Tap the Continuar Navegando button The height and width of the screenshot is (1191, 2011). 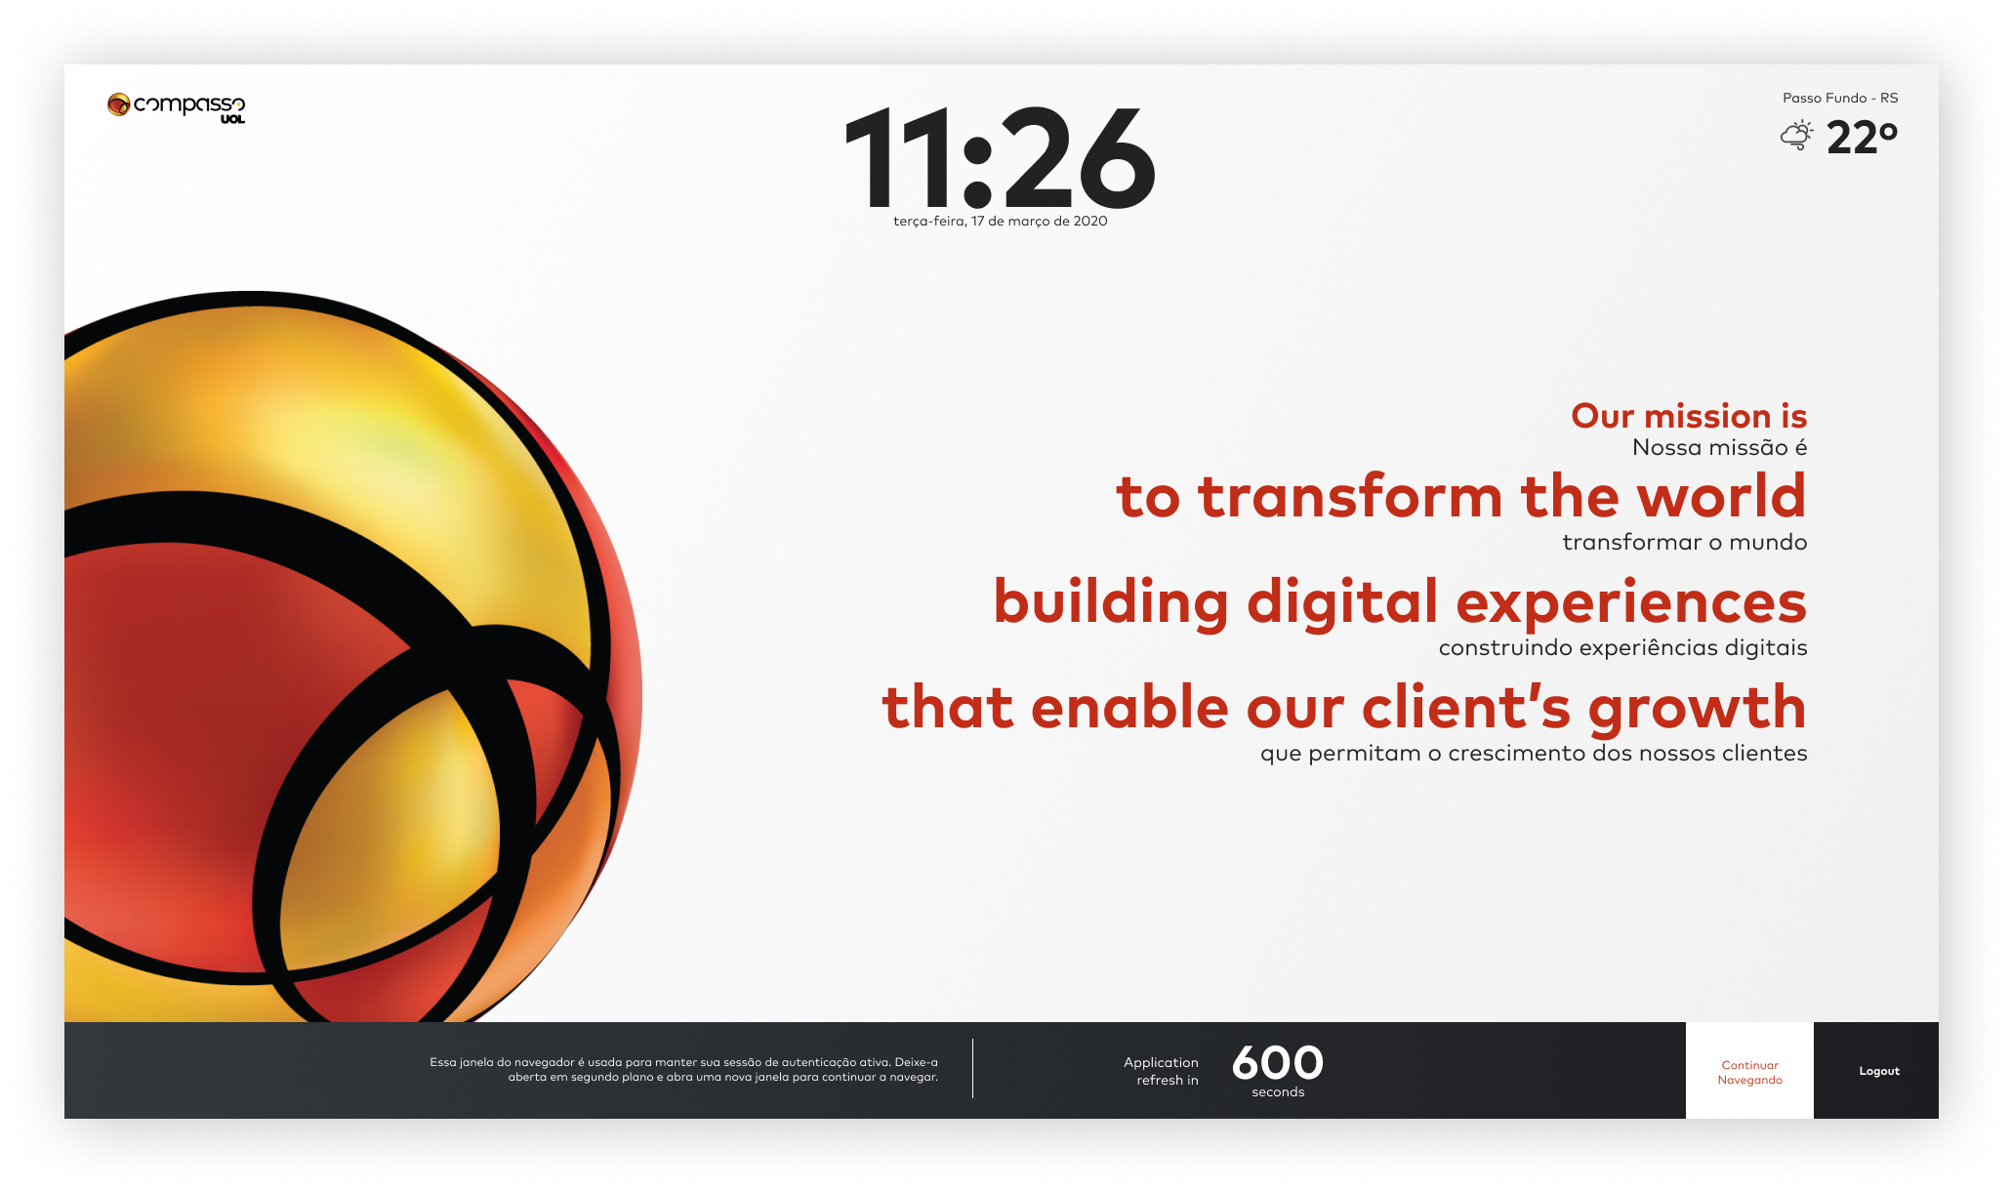tap(1749, 1071)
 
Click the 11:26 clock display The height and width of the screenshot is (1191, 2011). tap(1000, 158)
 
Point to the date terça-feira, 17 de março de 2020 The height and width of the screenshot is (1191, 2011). tap(1000, 222)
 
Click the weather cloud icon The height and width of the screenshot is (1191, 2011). tap(1796, 136)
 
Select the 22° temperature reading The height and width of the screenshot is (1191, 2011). tap(1862, 138)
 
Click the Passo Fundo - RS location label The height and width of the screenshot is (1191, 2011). tap(1840, 98)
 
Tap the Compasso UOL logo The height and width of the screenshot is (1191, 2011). tap(176, 107)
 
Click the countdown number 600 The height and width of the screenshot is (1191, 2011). tap(1277, 1062)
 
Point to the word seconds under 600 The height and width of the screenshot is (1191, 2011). tap(1278, 1092)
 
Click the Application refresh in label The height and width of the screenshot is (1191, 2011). tap(1161, 1071)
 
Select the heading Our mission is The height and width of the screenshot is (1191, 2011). tap(1689, 416)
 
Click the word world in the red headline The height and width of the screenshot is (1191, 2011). tap(1721, 496)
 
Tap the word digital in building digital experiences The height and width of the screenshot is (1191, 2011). tap(1342, 601)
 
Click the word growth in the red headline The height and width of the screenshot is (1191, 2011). tap(1698, 709)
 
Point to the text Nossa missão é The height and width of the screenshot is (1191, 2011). tap(1719, 447)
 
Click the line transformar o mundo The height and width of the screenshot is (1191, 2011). tap(1685, 542)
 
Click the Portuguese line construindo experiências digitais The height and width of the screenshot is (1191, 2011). tap(1622, 648)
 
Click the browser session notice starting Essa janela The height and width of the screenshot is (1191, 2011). tap(683, 1069)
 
